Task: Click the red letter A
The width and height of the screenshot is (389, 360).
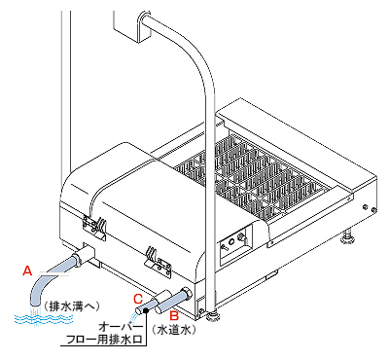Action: (27, 270)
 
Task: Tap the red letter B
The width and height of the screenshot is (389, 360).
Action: (174, 315)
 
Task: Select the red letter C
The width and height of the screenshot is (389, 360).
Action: (138, 299)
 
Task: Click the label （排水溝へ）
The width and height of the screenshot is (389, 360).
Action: (71, 306)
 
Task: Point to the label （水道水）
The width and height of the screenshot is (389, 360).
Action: (174, 331)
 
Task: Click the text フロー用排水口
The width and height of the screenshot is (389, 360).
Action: (104, 341)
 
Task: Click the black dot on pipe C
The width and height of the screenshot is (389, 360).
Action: (146, 311)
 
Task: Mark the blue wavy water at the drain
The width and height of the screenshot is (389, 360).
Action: (44, 318)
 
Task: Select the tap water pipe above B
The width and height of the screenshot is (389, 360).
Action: (174, 300)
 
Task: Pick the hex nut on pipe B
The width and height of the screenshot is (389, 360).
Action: (187, 293)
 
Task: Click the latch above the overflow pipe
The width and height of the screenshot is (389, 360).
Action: (159, 261)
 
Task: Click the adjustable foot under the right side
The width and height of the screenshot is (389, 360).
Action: (347, 236)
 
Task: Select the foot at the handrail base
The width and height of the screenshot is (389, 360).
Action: (211, 314)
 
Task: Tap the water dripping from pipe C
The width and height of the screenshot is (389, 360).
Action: (133, 315)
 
